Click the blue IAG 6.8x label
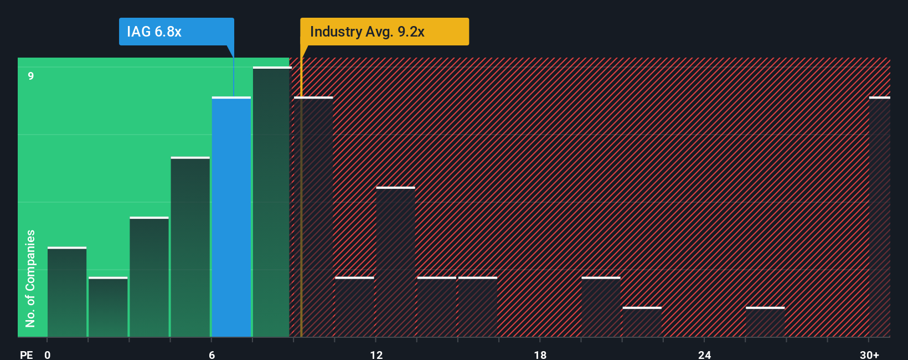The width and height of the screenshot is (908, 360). [x=176, y=32]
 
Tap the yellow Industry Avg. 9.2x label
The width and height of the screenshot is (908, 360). [x=384, y=32]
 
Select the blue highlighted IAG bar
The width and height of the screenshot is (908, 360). [x=231, y=217]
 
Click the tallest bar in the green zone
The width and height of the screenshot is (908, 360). [x=271, y=202]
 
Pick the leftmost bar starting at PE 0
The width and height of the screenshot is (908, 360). [x=67, y=292]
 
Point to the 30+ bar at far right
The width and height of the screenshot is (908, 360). [x=879, y=217]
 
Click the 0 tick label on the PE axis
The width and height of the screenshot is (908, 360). [x=48, y=354]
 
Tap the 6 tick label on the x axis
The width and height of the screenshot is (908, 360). [x=212, y=354]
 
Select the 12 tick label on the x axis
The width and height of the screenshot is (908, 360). [x=376, y=354]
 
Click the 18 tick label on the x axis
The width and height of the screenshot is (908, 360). [x=540, y=354]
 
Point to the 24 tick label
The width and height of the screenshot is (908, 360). [x=705, y=354]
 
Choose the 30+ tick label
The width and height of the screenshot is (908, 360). [x=869, y=354]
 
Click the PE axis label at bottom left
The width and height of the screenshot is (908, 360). [x=27, y=354]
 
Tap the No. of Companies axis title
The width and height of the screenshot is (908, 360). [x=30, y=278]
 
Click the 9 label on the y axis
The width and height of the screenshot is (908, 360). [x=31, y=76]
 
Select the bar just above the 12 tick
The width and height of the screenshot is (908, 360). [x=395, y=262]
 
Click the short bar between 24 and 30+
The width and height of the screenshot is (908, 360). [x=765, y=322]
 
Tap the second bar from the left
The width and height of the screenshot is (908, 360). [x=108, y=307]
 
